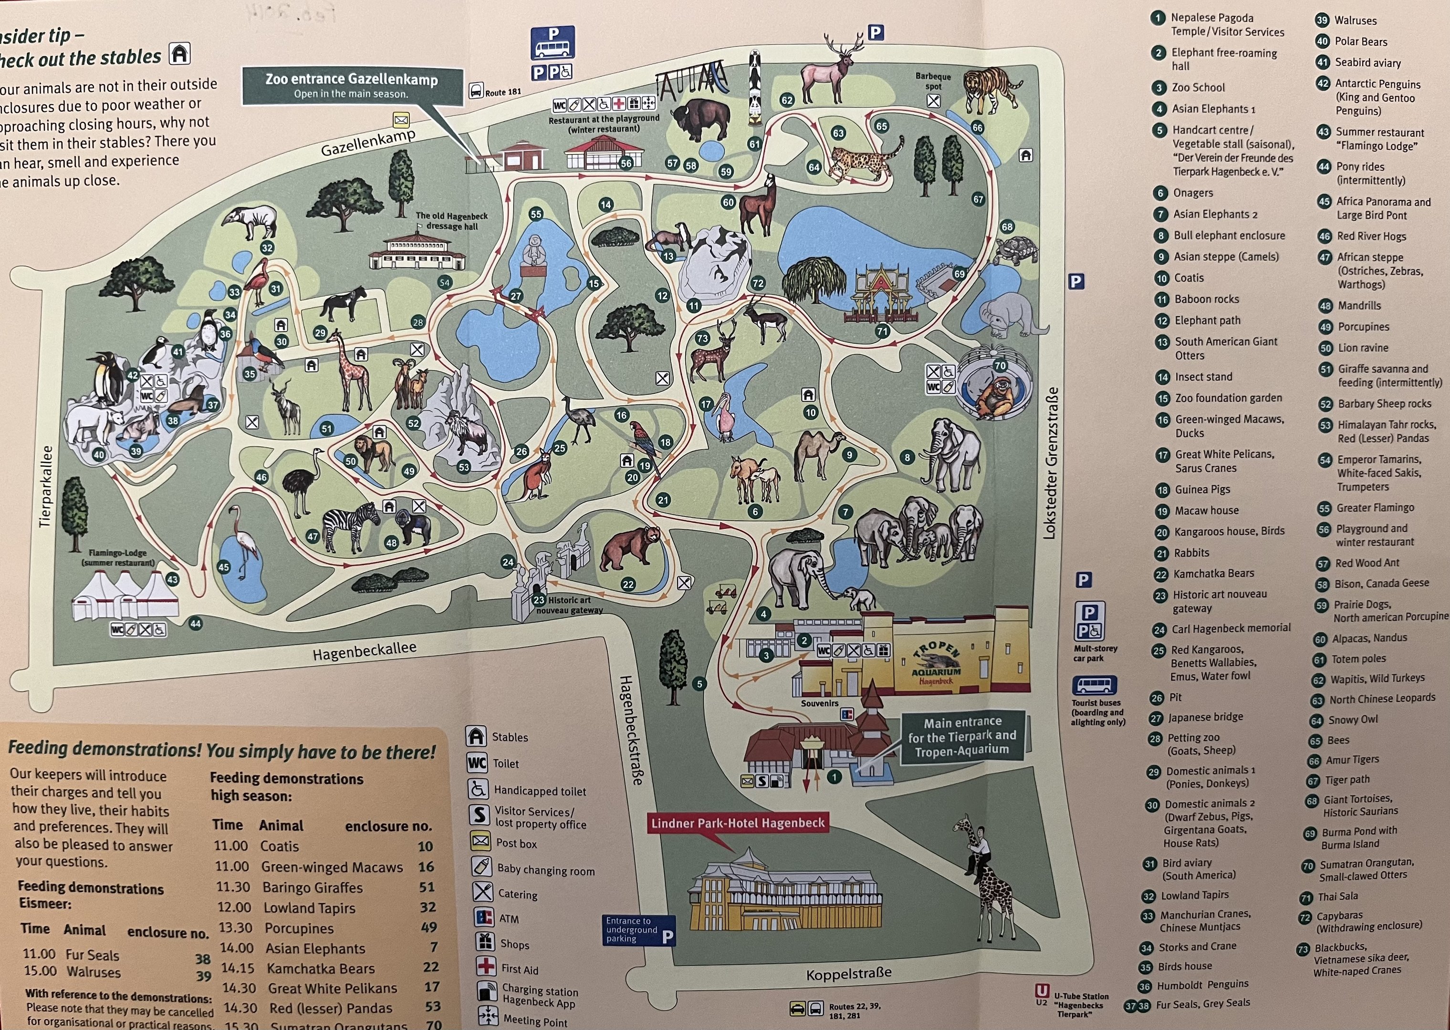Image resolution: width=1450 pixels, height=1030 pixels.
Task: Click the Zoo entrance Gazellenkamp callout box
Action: click(x=352, y=86)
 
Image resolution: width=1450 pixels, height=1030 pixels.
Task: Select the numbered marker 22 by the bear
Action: click(x=627, y=584)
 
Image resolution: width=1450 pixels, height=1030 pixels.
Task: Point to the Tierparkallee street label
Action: click(x=44, y=486)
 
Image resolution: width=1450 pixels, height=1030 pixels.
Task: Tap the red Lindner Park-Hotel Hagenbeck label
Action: click(x=737, y=823)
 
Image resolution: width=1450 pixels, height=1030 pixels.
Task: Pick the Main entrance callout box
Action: click(x=962, y=735)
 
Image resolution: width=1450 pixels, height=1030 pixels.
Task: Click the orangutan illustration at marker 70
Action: click(x=994, y=396)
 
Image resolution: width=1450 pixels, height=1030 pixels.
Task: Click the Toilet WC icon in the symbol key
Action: click(x=477, y=763)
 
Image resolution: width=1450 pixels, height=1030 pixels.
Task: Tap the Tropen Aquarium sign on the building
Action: click(x=937, y=663)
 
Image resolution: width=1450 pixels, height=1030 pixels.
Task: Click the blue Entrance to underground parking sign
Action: click(x=638, y=930)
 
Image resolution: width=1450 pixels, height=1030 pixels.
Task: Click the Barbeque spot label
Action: click(x=933, y=81)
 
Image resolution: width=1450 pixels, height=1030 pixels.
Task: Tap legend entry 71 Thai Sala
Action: click(x=1338, y=896)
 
